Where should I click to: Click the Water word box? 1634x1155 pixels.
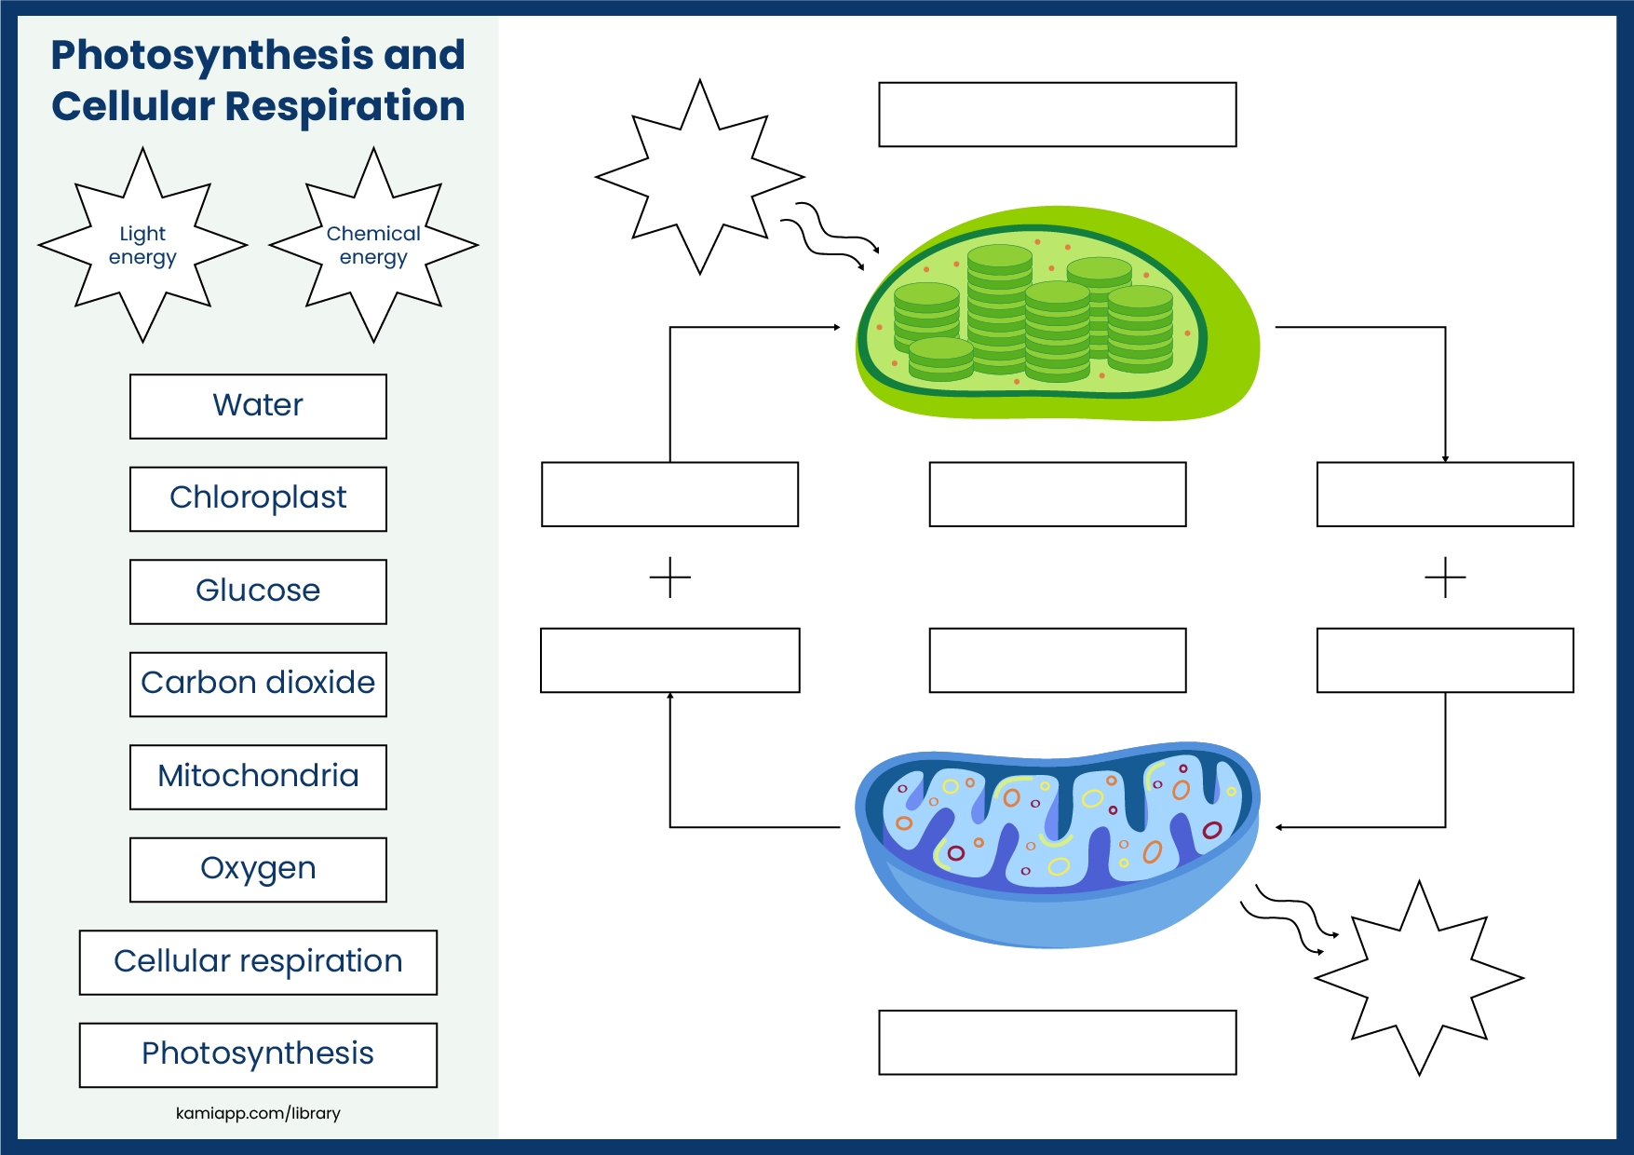(258, 406)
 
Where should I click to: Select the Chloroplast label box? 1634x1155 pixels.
(258, 498)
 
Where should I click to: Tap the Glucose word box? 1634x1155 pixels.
(258, 591)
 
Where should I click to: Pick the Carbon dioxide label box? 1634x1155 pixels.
(258, 684)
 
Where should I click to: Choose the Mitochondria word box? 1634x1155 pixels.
(258, 777)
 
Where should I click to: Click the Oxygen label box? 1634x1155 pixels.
(258, 869)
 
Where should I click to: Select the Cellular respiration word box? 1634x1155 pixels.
(258, 962)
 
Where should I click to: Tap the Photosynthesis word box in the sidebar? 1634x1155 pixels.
(258, 1054)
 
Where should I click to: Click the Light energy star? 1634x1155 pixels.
(142, 245)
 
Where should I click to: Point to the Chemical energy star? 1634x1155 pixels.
(373, 245)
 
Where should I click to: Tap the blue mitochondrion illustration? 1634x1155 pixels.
(1057, 843)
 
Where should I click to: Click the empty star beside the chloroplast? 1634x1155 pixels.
(700, 176)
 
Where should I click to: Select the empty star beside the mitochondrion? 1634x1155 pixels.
(1419, 978)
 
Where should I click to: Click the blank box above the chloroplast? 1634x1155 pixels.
(1057, 115)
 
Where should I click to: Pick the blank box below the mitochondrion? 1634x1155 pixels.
(1057, 1042)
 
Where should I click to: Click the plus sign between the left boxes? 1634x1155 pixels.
(670, 578)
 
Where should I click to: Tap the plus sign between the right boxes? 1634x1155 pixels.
(1445, 578)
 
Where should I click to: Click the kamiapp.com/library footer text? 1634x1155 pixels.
(258, 1113)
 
